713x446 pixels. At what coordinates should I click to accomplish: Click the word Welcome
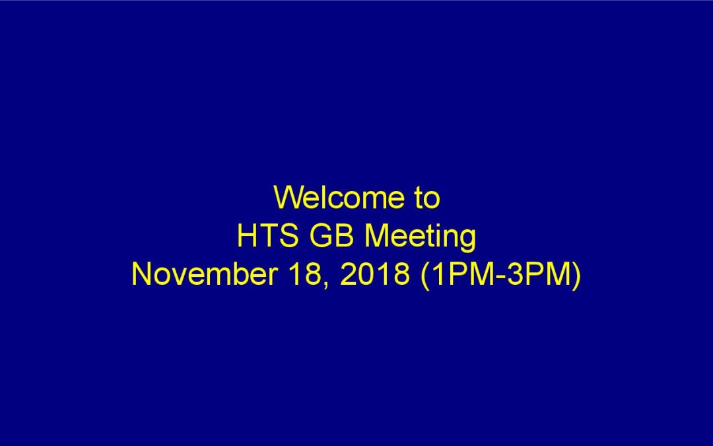(x=339, y=198)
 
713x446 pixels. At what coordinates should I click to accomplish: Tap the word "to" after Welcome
(x=427, y=198)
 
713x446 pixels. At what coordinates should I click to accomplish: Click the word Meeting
(x=420, y=238)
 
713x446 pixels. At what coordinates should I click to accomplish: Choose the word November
(x=205, y=274)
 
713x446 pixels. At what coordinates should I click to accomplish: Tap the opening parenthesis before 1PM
(x=425, y=276)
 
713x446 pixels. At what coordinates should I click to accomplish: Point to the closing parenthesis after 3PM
(x=576, y=276)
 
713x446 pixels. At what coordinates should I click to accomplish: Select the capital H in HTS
(x=247, y=236)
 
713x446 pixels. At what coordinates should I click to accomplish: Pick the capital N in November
(x=141, y=274)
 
